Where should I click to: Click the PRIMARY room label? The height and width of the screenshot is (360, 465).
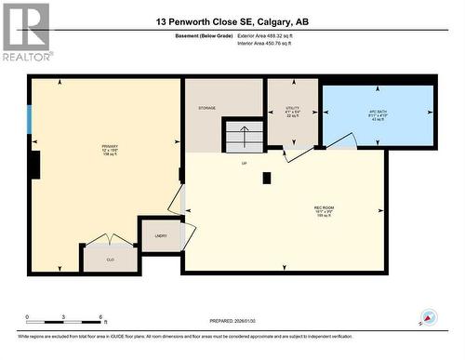[x=110, y=147]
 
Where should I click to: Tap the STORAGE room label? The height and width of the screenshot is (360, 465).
[x=206, y=109]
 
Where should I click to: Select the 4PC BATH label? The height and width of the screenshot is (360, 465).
[x=379, y=113]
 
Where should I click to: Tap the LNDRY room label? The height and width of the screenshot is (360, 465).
[x=160, y=236]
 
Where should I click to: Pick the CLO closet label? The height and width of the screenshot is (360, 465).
[x=110, y=260]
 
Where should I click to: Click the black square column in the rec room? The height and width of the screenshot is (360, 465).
[x=266, y=178]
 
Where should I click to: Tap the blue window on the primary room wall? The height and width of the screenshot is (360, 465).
[x=29, y=119]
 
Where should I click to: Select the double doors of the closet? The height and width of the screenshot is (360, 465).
[x=110, y=242]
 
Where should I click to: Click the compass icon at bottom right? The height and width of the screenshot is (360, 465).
[x=428, y=317]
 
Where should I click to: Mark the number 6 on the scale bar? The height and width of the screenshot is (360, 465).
[x=100, y=317]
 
